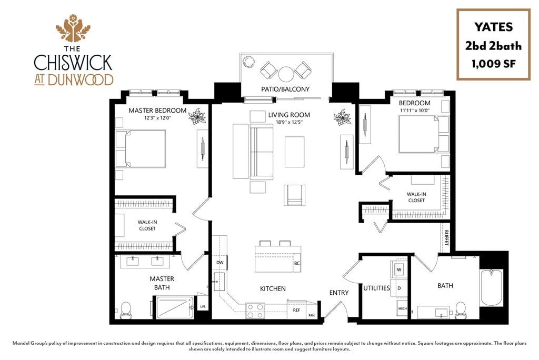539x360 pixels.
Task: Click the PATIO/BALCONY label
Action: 285,89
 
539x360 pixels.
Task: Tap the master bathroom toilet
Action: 126,310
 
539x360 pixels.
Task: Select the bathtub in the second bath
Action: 492,288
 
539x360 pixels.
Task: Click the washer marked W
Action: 399,269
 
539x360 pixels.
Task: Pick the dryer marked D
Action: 399,288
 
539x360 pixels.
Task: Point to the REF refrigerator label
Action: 296,310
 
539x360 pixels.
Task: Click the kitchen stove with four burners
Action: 255,311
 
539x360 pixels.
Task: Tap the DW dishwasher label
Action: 220,262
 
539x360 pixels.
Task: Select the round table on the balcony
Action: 286,74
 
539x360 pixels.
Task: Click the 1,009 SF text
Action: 493,64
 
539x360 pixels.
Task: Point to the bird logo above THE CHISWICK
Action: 73,28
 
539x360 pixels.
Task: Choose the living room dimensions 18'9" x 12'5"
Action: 288,122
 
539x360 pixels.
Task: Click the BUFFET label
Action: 446,237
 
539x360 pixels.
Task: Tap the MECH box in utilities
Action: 402,308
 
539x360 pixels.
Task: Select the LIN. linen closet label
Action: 203,306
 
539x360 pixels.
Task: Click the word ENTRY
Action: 339,293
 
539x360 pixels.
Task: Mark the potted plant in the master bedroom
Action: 197,116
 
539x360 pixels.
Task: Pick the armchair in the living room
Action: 295,195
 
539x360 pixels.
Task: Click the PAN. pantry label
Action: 312,315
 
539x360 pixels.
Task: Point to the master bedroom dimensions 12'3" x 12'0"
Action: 158,117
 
